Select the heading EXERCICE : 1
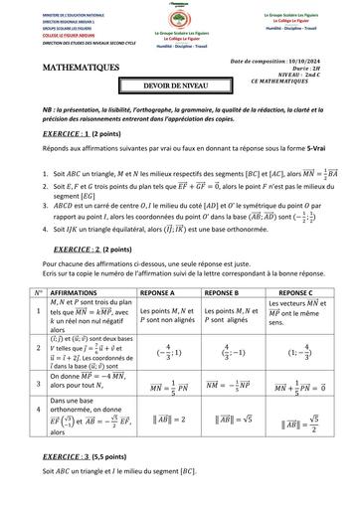[51, 130]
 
